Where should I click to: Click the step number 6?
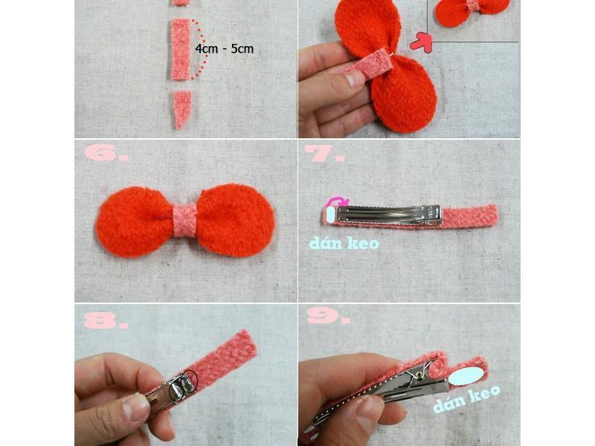tap(106, 153)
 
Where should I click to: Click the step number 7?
tap(324, 153)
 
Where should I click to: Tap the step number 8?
tap(106, 320)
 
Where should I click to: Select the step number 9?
tap(329, 315)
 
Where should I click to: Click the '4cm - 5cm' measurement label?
tap(225, 48)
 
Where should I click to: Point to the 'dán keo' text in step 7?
tap(344, 243)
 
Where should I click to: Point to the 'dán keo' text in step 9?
tap(466, 398)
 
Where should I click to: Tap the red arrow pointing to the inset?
tap(421, 42)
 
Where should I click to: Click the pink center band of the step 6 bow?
tap(184, 220)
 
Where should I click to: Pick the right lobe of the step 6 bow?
tap(235, 220)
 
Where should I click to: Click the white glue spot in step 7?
tap(330, 214)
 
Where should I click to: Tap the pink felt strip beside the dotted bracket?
tap(180, 49)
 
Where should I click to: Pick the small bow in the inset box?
tap(472, 10)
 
